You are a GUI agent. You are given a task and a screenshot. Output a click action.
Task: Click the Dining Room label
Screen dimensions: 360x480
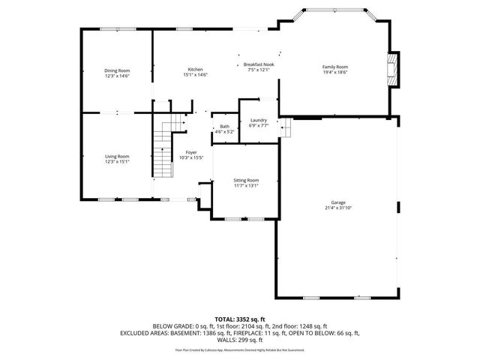coord(116,70)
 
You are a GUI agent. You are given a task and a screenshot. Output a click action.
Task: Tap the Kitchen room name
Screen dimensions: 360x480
coord(195,70)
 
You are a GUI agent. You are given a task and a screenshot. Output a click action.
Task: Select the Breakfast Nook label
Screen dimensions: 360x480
coord(257,65)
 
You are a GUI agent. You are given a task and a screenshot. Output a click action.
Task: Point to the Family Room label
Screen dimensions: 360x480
coord(335,67)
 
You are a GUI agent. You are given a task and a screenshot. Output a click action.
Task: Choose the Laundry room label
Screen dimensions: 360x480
coord(259,121)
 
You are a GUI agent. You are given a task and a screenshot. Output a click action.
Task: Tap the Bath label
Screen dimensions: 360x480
coord(224,126)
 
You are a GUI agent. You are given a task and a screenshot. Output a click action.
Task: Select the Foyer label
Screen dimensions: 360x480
coord(192,152)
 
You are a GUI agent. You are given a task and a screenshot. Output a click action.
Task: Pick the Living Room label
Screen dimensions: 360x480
coord(116,156)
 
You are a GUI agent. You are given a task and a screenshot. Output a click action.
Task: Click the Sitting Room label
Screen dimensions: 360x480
coord(247,180)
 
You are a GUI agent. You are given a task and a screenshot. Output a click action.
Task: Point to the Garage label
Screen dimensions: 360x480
coord(339,202)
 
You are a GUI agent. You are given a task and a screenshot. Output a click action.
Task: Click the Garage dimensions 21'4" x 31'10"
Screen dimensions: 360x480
coord(339,208)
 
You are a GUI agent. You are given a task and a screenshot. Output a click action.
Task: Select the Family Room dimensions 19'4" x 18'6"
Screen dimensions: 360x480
coord(335,72)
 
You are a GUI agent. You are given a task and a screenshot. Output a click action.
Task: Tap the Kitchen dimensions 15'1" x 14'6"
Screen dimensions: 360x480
coord(195,75)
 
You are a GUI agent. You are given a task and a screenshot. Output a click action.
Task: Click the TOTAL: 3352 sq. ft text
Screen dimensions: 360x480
coord(239,319)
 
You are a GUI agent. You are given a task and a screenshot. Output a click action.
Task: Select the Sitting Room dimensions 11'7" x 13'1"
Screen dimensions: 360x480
coord(247,185)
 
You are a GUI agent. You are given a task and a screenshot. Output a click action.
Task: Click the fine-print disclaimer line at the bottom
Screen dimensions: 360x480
coord(239,349)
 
